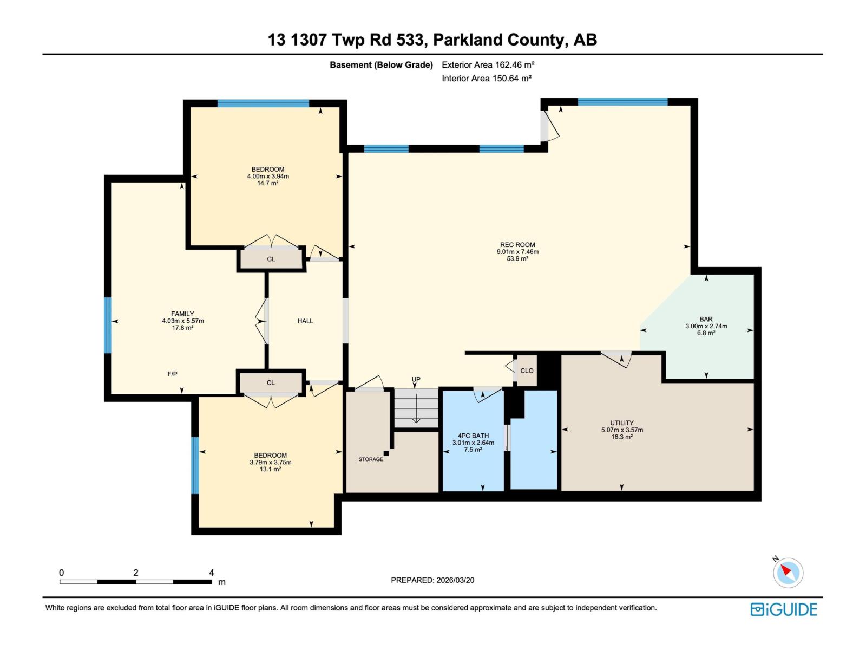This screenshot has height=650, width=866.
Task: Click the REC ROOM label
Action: point(517,245)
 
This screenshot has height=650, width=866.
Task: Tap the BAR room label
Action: point(706,319)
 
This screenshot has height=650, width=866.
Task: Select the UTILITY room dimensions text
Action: point(622,430)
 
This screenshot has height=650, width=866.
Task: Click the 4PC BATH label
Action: point(473,435)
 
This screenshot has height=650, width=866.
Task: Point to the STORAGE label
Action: point(371,459)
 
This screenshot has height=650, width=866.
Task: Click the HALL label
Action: point(305,321)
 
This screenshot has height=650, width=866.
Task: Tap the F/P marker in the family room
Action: point(172,374)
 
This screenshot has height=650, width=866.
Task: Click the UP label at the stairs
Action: point(416,380)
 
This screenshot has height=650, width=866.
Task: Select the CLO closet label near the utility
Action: point(527,371)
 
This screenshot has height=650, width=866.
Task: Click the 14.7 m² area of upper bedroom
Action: point(267,184)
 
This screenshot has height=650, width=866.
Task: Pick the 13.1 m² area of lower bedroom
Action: point(270,470)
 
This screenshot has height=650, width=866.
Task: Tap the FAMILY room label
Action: point(182,314)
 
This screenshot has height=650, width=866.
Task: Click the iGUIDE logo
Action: point(783,609)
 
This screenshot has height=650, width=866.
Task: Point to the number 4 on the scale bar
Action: point(212,573)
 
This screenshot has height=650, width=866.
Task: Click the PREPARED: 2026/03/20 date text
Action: point(432,580)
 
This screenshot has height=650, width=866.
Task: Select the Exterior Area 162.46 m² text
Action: point(488,65)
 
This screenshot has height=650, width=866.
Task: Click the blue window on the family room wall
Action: point(108,325)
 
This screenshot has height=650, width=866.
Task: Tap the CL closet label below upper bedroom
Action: point(271,259)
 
